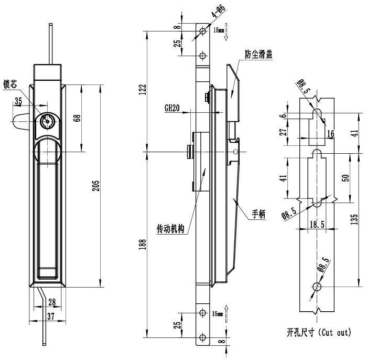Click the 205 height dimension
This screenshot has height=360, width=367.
click(96, 185)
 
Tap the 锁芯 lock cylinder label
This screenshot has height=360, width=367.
click(10, 84)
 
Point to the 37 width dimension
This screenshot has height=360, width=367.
click(51, 316)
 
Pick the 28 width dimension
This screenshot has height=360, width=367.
click(52, 302)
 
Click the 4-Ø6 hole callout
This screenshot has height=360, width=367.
click(219, 10)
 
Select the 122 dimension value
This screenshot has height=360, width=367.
click(142, 89)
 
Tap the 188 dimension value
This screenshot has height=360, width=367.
click(142, 244)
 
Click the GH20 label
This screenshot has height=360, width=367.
click(172, 108)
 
